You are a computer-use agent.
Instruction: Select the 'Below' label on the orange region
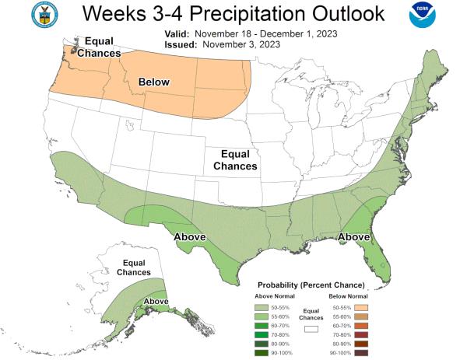click(x=153, y=82)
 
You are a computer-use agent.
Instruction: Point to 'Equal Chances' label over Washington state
click(x=102, y=47)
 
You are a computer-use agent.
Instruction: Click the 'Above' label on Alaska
click(x=156, y=301)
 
